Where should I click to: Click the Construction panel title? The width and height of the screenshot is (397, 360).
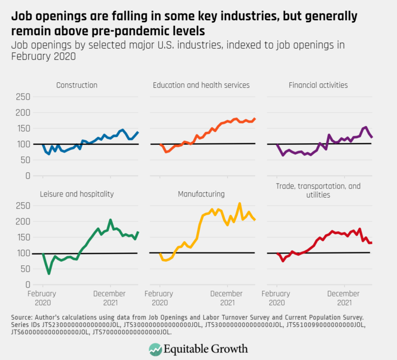click(77, 85)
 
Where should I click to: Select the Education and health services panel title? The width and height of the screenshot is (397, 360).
click(201, 85)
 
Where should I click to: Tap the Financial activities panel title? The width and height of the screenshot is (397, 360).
click(317, 85)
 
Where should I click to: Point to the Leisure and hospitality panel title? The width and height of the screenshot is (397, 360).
click(77, 194)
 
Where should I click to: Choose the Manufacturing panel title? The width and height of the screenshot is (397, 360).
click(201, 194)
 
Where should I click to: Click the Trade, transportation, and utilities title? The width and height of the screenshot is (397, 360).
click(317, 190)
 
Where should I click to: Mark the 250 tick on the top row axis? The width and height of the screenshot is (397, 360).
click(23, 97)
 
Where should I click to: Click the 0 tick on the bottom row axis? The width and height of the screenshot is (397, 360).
click(28, 284)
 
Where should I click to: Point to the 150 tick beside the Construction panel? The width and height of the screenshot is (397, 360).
click(23, 129)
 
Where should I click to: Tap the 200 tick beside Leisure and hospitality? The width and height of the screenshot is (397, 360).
click(23, 222)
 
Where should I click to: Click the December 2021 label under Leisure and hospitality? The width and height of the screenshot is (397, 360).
click(110, 298)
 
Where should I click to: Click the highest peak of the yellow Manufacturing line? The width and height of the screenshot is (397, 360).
click(239, 204)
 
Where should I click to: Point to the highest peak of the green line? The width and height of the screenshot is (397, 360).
click(110, 220)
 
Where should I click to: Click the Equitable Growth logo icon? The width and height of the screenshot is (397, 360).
click(155, 349)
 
